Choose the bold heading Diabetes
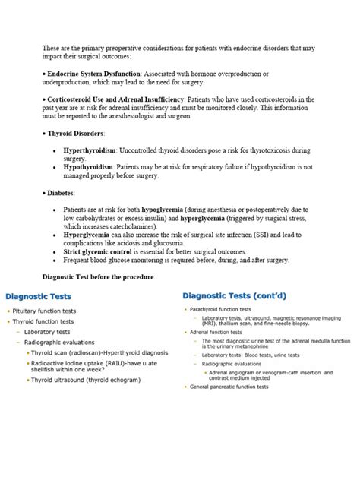point(61,193)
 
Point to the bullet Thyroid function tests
point(46,321)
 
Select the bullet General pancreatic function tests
point(231,387)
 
